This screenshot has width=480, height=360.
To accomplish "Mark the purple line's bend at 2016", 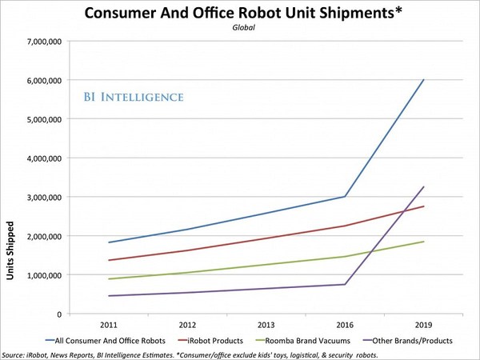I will [x=345, y=284].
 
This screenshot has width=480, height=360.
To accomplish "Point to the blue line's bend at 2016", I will [x=345, y=196].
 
